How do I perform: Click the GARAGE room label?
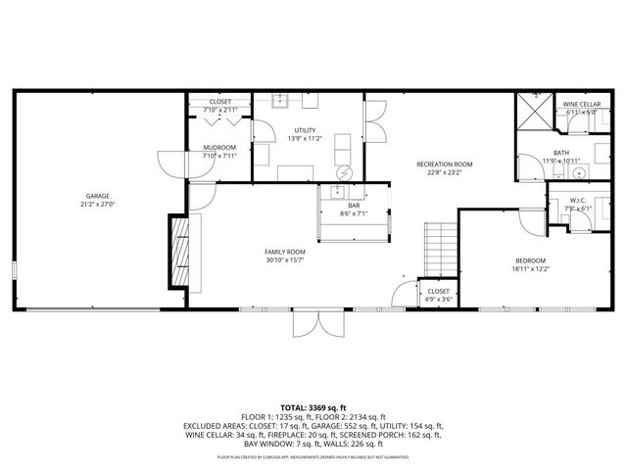96,196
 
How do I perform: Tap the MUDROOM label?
219,147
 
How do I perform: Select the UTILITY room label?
306,130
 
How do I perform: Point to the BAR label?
354,205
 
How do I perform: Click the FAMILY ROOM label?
284,251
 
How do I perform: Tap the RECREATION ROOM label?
444,164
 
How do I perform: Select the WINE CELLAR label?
581,104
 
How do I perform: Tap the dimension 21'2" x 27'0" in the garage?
96,205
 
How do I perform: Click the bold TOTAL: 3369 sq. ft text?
313,406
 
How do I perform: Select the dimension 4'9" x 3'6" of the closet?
438,300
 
